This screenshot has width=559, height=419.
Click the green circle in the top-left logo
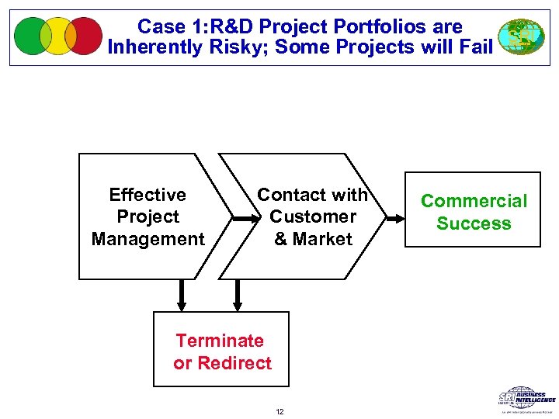[x=31, y=36]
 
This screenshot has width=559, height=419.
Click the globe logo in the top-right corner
[x=520, y=36]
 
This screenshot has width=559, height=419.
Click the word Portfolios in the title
[x=363, y=26]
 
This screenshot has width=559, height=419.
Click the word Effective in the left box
[x=148, y=195]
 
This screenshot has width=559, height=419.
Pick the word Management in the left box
[x=148, y=239]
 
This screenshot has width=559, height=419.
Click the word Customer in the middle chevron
[x=313, y=216]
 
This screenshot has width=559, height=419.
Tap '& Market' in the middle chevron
[x=313, y=239]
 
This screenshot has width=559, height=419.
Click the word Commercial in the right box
[x=474, y=201]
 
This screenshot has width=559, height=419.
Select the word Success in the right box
[x=474, y=223]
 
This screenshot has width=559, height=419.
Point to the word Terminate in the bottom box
[x=220, y=341]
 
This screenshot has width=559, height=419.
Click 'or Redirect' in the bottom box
[x=223, y=363]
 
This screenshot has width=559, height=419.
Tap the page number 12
[x=279, y=411]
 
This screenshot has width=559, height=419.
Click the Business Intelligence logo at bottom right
[x=526, y=398]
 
